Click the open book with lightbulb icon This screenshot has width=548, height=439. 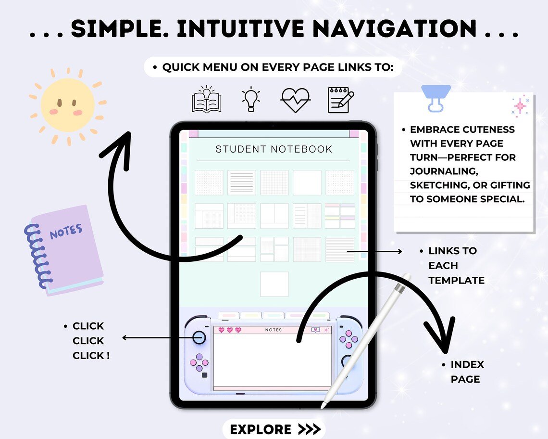(x=207, y=100)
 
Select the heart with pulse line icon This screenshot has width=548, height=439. (x=295, y=100)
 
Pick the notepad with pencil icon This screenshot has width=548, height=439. (x=340, y=100)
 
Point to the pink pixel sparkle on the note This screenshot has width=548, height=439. (x=520, y=106)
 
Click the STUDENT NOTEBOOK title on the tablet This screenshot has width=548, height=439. (x=274, y=149)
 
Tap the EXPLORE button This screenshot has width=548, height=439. (x=273, y=429)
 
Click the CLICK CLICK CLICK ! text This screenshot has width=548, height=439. (x=91, y=341)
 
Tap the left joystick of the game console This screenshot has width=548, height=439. (x=199, y=337)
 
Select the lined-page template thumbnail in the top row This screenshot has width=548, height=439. (x=241, y=182)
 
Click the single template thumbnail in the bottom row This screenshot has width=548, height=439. (x=274, y=284)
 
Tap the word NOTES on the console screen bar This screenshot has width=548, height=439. (x=274, y=330)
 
